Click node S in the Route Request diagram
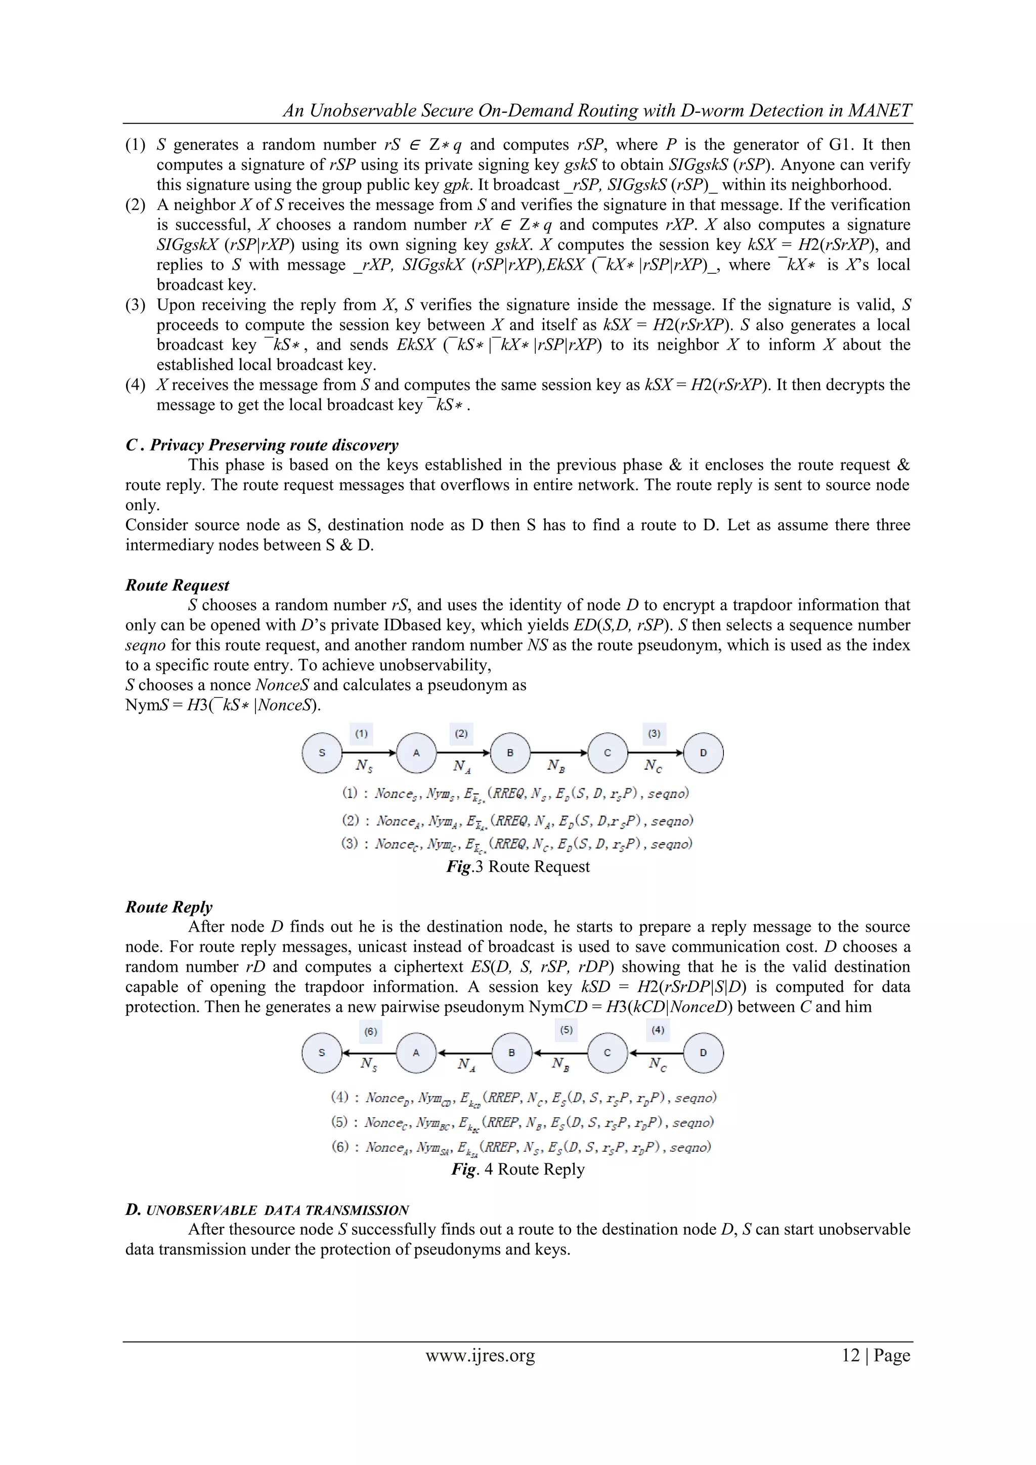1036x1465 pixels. (x=322, y=753)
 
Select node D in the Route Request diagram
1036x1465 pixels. (x=703, y=753)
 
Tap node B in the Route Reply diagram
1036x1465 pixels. (x=511, y=1053)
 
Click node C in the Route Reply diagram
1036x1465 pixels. (x=608, y=1053)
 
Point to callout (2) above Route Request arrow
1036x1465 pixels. (x=461, y=734)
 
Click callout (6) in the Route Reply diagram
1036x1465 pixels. (x=371, y=1032)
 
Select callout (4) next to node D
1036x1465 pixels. (x=658, y=1030)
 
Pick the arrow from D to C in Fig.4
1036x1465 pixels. (x=656, y=1053)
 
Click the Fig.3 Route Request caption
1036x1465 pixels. (x=517, y=866)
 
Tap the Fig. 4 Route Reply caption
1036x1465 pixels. (x=517, y=1169)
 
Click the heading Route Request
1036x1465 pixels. (x=178, y=585)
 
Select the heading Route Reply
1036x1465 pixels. (x=169, y=907)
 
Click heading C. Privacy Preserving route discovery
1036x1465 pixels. (x=262, y=445)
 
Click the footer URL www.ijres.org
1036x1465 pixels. (x=480, y=1355)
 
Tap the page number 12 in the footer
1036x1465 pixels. (x=850, y=1355)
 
